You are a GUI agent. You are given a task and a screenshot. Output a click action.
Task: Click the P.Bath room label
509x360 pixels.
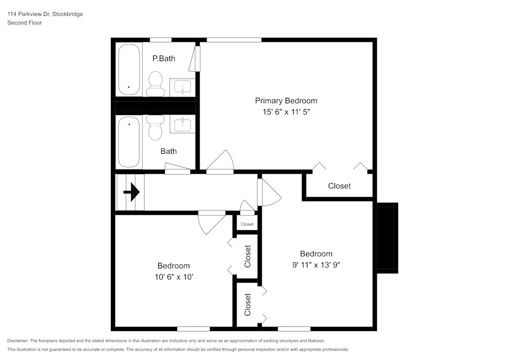[x=164, y=59]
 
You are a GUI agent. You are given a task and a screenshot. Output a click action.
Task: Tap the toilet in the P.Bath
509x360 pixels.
[x=155, y=84]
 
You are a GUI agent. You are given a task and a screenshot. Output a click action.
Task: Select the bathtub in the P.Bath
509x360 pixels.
[x=129, y=70]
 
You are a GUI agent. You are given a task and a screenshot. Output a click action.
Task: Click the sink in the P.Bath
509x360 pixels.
[x=182, y=87]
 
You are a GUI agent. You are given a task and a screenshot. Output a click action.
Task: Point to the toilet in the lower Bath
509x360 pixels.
[x=155, y=127]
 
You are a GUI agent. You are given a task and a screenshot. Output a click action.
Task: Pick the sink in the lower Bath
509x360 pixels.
[x=182, y=125]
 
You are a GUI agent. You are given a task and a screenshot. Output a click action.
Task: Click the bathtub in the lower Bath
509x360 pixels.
[x=129, y=142]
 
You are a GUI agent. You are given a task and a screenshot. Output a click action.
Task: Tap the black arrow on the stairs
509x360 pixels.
[x=132, y=192]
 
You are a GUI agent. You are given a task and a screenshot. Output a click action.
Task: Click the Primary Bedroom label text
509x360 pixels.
[x=286, y=101]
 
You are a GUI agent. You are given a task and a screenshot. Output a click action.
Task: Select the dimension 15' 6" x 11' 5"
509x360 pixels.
[x=286, y=112]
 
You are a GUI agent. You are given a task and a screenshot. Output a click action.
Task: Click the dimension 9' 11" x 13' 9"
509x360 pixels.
[x=316, y=265]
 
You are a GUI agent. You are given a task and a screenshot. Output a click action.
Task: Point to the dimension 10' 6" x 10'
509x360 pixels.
[x=174, y=277]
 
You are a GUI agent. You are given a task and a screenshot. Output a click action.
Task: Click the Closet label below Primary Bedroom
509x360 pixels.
[x=339, y=186]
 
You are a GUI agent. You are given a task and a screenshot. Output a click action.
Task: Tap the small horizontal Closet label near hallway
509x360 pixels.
[x=247, y=224]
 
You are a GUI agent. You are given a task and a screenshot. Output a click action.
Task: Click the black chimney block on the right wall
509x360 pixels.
[x=386, y=237]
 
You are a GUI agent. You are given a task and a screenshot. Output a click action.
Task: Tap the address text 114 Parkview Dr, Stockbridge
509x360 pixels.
[x=45, y=14]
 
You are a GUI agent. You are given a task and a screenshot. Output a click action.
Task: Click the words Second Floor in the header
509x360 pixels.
[x=24, y=23]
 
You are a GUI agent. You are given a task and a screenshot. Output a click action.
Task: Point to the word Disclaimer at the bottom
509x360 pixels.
[x=18, y=340]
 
